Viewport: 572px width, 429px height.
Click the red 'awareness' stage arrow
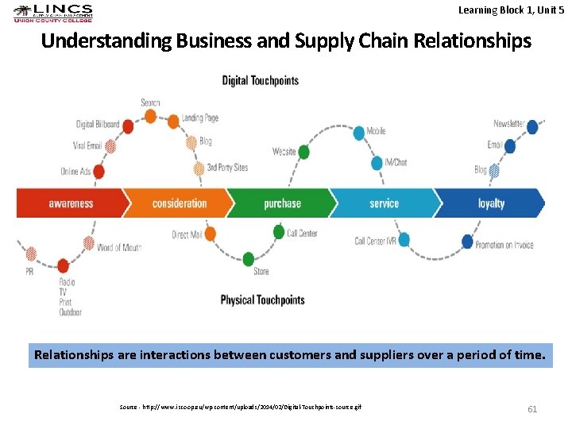70,203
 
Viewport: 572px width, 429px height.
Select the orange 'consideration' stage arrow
179,203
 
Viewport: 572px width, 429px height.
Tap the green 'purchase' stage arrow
282,203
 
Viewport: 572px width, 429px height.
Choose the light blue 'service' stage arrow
384,203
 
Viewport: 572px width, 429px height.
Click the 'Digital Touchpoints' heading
261,80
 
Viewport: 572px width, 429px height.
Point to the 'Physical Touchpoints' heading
262,300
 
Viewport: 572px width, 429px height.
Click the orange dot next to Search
150,117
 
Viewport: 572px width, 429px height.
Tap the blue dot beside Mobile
358,133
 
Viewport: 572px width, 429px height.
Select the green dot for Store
249,259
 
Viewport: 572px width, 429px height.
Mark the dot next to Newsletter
532,126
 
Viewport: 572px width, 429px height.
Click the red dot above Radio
63,265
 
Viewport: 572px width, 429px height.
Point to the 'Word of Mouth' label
118,248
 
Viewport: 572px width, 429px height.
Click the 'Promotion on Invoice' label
515,245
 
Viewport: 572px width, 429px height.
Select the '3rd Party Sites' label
227,168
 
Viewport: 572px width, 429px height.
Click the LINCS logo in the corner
53,14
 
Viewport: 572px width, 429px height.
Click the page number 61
532,409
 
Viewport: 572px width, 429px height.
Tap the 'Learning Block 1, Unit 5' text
511,10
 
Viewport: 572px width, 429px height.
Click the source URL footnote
241,407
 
